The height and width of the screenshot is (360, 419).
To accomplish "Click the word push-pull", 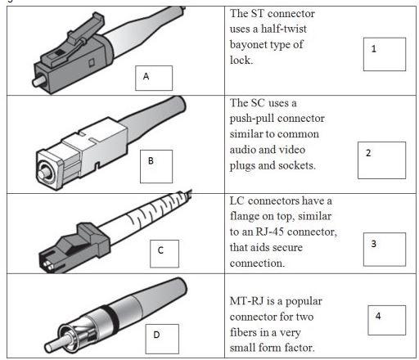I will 259,118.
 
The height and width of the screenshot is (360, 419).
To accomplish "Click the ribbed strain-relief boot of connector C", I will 147,211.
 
